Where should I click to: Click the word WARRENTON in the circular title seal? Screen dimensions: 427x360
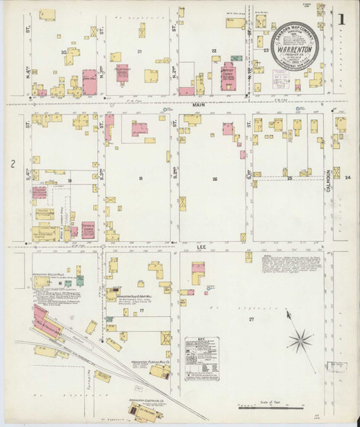pyautogui.click(x=293, y=51)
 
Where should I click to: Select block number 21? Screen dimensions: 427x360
pyautogui.click(x=140, y=52)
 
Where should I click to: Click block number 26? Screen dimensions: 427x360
pyautogui.click(x=215, y=178)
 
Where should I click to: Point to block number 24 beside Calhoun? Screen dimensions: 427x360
pyautogui.click(x=347, y=178)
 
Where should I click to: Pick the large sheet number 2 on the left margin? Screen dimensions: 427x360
pyautogui.click(x=13, y=165)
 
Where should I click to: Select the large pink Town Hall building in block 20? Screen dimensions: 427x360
pyautogui.click(x=90, y=81)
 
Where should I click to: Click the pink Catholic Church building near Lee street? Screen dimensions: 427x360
pyautogui.click(x=89, y=230)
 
